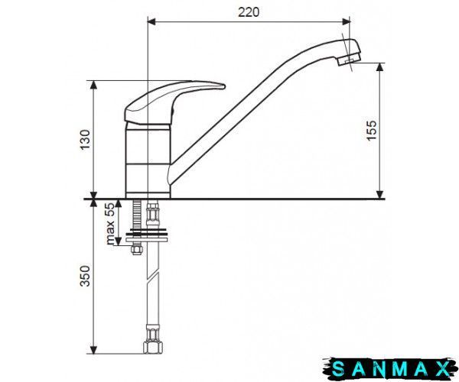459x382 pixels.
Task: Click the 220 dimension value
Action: pyautogui.click(x=249, y=12)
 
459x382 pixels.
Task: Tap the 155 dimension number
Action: pyautogui.click(x=372, y=131)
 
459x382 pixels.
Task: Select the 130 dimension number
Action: pyautogui.click(x=85, y=139)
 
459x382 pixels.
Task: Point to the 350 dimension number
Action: pyautogui.click(x=85, y=276)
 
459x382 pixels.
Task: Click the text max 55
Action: pyautogui.click(x=110, y=224)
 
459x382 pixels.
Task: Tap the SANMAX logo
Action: pyautogui.click(x=390, y=369)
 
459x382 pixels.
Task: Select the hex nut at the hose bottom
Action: pyautogui.click(x=153, y=347)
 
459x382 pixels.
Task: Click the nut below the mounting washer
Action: pyautogui.click(x=137, y=250)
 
